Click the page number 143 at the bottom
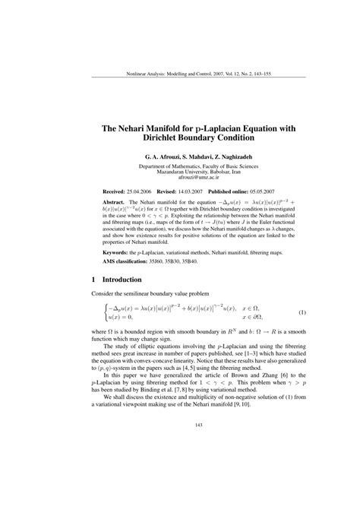pyautogui.click(x=180, y=446)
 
